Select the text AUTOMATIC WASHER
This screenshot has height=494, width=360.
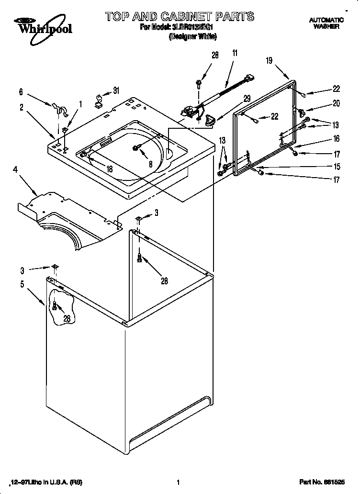(326, 23)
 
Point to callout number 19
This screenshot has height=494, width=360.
(269, 60)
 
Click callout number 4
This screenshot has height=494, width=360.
(21, 91)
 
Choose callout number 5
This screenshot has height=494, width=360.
(22, 284)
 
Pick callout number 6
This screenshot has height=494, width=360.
(21, 91)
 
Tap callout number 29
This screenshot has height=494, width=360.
(247, 99)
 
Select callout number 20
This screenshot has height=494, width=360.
(336, 103)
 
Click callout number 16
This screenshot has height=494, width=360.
(337, 139)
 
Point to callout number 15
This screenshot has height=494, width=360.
(337, 167)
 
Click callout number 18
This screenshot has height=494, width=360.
(109, 168)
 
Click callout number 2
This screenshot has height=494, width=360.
(22, 107)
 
